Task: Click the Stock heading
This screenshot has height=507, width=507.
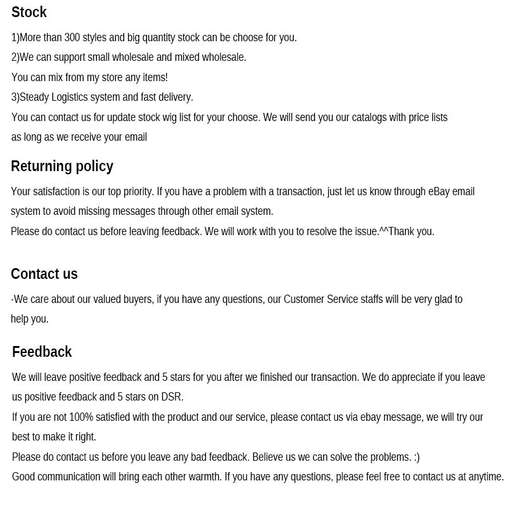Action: pos(29,12)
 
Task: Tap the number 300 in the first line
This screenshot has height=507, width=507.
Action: pos(72,37)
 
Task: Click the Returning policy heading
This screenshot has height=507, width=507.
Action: pos(62,166)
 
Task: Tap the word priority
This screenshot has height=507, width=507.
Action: pos(134,191)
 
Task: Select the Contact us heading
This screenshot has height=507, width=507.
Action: pos(44,274)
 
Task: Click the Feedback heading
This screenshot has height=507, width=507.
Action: pos(42,352)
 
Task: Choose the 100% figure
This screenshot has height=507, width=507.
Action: pos(81,417)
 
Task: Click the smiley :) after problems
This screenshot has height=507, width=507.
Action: pos(416,457)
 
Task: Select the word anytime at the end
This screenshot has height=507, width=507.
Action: pos(485,477)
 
